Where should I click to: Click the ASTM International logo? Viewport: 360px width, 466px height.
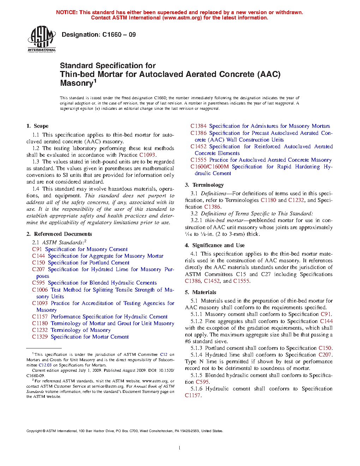[x=42, y=39]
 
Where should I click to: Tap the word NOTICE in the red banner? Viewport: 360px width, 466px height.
[x=66, y=12]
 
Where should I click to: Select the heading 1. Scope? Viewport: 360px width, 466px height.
[x=37, y=126]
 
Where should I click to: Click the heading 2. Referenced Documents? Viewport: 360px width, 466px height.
[x=59, y=234]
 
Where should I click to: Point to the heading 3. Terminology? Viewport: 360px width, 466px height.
[x=204, y=185]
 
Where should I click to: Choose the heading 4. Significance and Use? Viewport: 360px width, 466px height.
[x=215, y=245]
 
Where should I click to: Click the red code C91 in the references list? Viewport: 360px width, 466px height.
[x=37, y=249]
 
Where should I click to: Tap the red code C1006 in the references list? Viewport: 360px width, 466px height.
[x=40, y=290]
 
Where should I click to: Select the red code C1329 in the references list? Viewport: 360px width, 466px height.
[x=40, y=337]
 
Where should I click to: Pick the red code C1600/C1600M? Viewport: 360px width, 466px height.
[x=209, y=167]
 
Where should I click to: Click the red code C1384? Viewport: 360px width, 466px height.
[x=198, y=126]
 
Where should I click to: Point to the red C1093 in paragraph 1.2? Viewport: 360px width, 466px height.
[x=147, y=155]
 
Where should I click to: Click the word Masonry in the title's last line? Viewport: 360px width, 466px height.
[x=76, y=83]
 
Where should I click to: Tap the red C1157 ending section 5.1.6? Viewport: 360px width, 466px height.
[x=193, y=395]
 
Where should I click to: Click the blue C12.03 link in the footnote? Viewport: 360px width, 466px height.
[x=45, y=365]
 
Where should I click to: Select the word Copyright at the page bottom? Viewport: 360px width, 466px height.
[x=34, y=431]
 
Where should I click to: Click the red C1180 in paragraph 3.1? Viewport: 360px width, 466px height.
[x=268, y=200]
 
